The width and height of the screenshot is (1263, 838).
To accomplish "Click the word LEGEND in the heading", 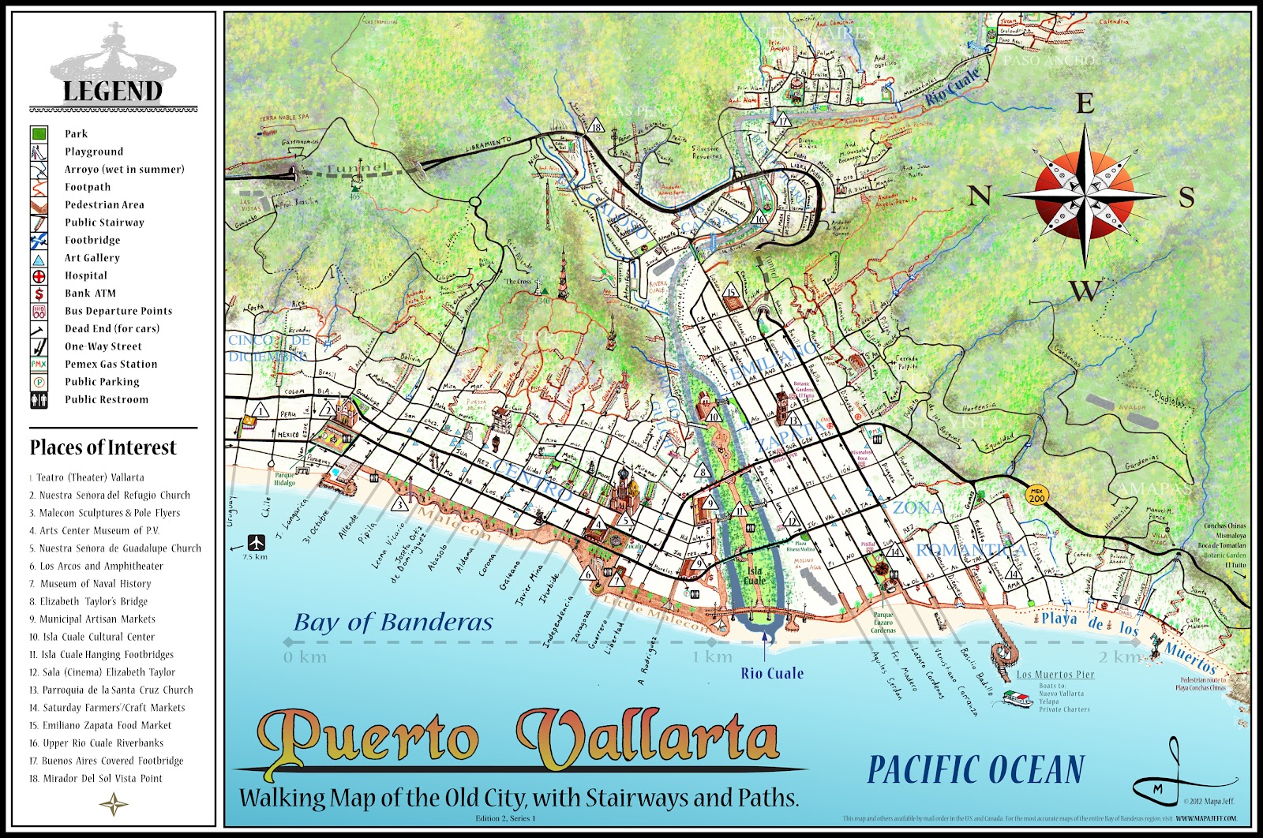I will (113, 91).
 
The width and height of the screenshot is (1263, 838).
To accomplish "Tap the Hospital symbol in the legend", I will (39, 276).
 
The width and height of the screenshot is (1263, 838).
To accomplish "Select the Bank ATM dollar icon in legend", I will (39, 294).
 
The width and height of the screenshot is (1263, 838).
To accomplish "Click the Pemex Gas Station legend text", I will (111, 364).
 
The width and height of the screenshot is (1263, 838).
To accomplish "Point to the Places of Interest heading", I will (103, 447).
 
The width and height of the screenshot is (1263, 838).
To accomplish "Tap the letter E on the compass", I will (1085, 103).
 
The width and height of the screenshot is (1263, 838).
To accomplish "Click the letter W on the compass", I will (1085, 290).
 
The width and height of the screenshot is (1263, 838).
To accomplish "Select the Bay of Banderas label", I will (393, 623).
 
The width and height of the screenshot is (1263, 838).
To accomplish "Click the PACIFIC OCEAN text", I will (976, 769).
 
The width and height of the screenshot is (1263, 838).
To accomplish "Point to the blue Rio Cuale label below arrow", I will (772, 673).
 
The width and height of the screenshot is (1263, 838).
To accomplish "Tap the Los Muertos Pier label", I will (1055, 674).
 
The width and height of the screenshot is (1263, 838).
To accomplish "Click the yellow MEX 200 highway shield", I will (1036, 495).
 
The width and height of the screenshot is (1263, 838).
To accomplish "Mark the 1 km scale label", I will (712, 657).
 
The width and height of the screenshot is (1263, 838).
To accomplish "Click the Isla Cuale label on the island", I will (755, 575).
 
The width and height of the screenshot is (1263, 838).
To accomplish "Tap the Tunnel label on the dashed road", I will (357, 168).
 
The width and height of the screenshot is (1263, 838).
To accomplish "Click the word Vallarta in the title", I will (647, 738).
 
